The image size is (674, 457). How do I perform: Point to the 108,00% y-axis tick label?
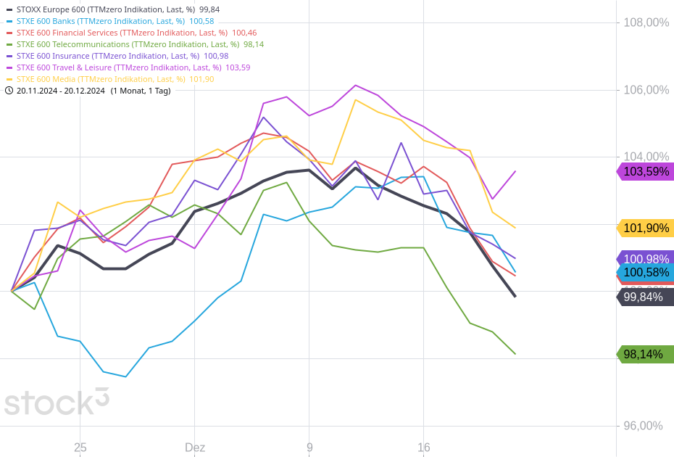[x=646, y=22]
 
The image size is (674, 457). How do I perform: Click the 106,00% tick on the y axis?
[x=646, y=90]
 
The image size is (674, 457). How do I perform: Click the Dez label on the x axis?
[x=194, y=448]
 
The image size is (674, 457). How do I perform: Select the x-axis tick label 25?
[x=80, y=448]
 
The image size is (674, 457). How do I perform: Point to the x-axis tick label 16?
[x=424, y=448]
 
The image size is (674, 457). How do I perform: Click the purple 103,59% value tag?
[x=646, y=172]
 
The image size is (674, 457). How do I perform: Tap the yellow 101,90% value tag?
[x=646, y=228]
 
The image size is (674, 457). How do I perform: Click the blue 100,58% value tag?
[x=646, y=273]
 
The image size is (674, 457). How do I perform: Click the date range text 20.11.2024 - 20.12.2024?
[x=61, y=91]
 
